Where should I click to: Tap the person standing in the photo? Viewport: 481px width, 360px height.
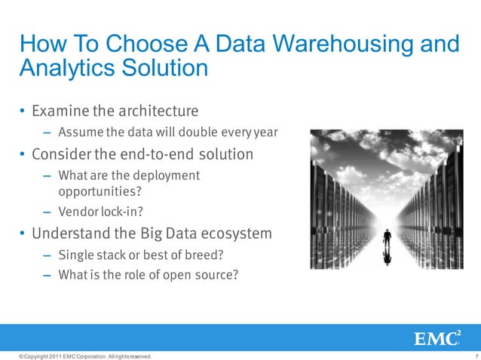click(388, 239)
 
